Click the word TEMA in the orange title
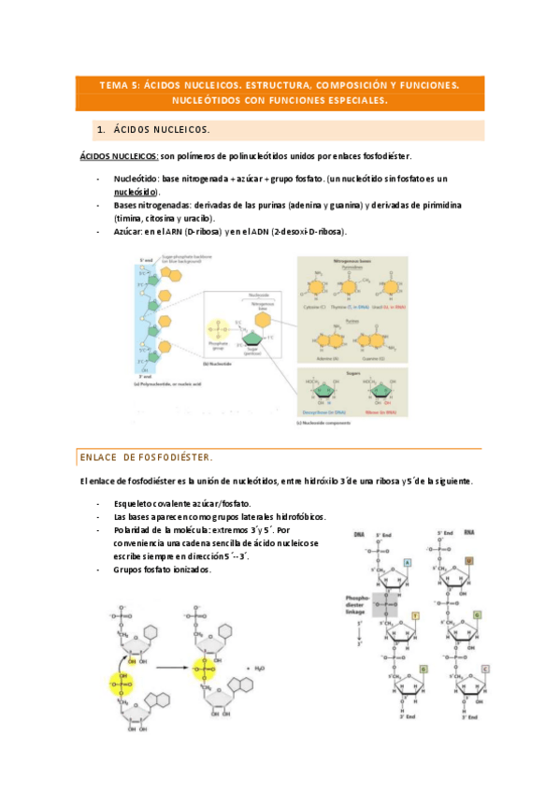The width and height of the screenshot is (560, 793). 117,84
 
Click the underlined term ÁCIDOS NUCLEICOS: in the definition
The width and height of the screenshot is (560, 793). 118,156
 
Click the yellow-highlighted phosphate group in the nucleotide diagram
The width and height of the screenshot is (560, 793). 222,329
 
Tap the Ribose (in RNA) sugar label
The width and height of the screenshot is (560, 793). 377,410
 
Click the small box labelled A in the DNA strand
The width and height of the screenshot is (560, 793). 408,562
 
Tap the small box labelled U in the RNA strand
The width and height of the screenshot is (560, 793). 468,562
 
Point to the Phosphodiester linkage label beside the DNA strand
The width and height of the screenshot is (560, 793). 357,601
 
